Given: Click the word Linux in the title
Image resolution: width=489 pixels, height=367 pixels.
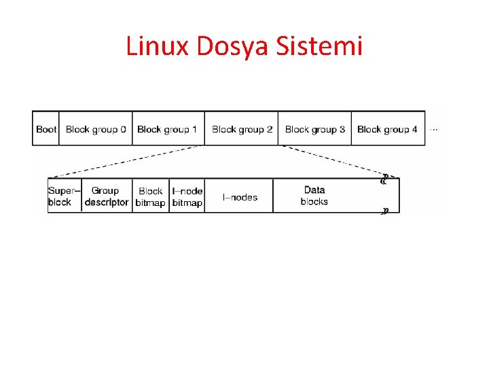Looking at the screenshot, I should (158, 47).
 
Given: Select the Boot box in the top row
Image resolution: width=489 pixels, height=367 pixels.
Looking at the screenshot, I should (46, 129).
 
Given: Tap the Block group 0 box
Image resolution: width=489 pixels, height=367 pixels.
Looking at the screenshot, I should (96, 129).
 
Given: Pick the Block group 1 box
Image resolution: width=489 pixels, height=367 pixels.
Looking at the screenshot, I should (167, 129).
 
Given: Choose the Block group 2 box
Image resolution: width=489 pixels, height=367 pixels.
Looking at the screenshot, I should (242, 129).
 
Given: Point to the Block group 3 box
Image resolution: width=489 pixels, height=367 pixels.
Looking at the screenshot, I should (314, 129).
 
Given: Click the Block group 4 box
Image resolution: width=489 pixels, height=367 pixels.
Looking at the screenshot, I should (387, 129).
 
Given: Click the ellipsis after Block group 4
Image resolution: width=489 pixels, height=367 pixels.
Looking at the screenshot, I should (434, 128).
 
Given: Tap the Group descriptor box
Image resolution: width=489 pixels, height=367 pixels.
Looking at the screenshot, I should (106, 196).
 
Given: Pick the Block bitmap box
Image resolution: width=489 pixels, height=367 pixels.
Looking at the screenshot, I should (150, 196).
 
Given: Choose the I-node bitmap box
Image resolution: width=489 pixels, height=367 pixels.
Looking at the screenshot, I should (187, 196).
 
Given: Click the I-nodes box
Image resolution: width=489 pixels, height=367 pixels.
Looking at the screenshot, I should (240, 197).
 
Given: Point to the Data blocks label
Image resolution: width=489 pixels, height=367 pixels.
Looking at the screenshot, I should (314, 196).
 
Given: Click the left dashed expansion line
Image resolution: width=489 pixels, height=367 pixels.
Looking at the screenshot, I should (126, 162).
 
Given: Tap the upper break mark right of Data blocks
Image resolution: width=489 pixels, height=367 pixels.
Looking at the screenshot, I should (384, 180).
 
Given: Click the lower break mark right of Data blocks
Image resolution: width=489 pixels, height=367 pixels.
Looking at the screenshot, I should (385, 211).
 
